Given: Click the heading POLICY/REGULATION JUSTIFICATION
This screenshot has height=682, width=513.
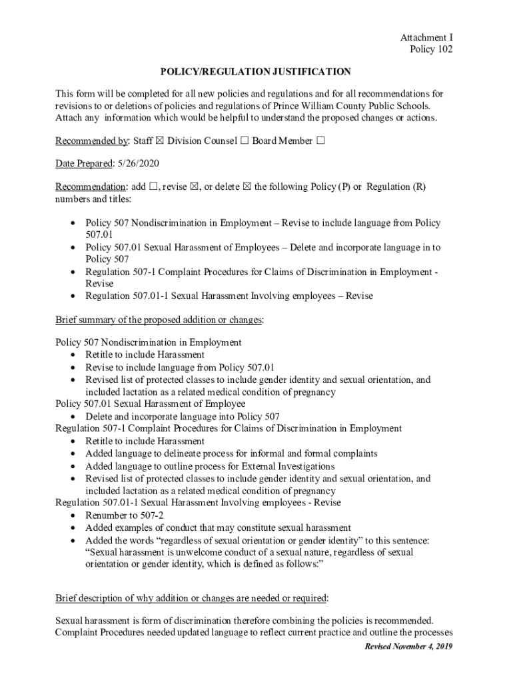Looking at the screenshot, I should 255,71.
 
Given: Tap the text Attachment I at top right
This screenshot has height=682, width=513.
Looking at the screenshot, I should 426,38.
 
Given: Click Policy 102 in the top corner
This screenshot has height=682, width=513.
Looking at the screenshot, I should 431,50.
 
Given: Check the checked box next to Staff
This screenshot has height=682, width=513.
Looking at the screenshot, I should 160,141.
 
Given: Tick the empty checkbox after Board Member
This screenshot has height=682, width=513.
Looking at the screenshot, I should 321,141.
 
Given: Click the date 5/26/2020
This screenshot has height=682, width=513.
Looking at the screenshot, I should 138,164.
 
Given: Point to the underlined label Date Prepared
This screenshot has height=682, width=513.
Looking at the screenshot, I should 84,164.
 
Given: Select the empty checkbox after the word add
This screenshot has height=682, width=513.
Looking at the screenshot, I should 154,187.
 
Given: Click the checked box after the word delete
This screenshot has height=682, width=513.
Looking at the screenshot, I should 247,187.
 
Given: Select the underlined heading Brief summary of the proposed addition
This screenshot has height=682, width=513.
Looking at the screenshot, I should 159,320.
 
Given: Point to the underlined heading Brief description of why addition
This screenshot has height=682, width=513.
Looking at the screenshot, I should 192,597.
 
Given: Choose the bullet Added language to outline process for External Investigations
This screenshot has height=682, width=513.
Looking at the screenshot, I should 210,466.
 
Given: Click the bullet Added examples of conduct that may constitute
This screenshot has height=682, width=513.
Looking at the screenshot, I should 218,527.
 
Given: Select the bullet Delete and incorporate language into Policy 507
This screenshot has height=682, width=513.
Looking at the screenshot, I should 178,416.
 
